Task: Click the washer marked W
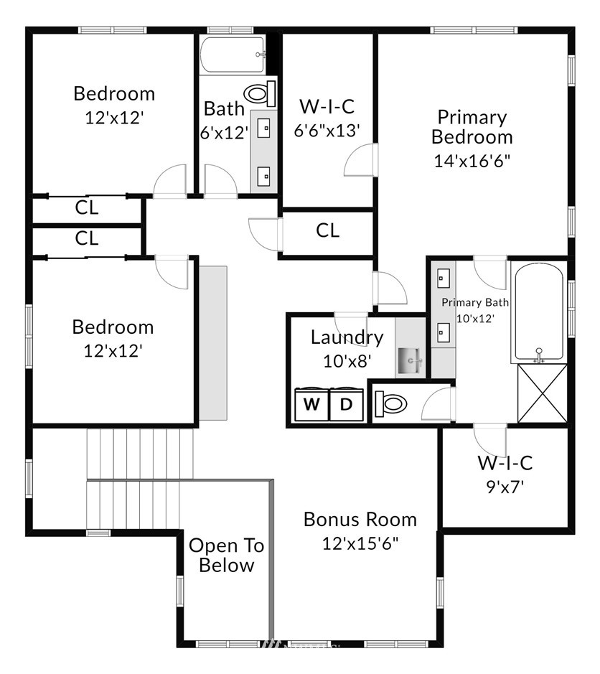click(x=311, y=404)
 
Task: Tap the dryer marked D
click(x=347, y=404)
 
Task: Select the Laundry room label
click(x=347, y=337)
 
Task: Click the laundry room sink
click(x=410, y=360)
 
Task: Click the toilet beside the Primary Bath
click(x=390, y=403)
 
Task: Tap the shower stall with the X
click(x=543, y=393)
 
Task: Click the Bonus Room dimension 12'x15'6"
click(x=360, y=544)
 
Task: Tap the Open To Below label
click(x=227, y=556)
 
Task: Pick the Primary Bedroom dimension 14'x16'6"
click(x=472, y=161)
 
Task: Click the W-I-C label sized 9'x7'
click(x=505, y=463)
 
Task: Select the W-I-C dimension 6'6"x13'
click(x=327, y=130)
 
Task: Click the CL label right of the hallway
click(x=327, y=230)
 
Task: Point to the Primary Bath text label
click(x=475, y=303)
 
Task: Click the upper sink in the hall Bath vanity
click(x=263, y=128)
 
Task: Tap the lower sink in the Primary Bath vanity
click(x=444, y=332)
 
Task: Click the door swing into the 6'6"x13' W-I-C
click(x=360, y=159)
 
